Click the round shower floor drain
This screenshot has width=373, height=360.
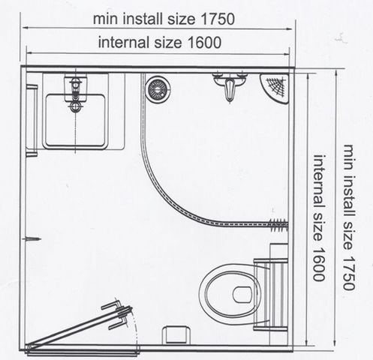[158, 88]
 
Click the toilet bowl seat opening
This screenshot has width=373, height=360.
[242, 294]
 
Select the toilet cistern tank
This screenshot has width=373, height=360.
[271, 295]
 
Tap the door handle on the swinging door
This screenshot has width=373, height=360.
[117, 314]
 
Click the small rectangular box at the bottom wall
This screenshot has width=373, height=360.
[175, 334]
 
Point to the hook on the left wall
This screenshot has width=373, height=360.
[32, 239]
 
